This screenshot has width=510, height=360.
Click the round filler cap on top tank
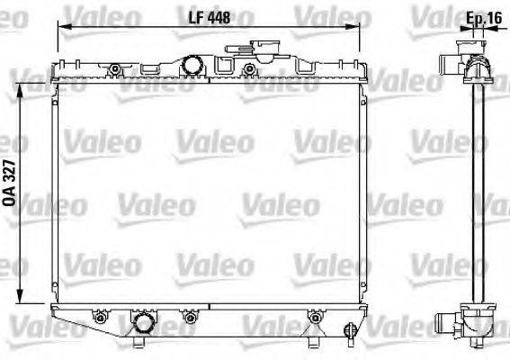(x=192, y=66)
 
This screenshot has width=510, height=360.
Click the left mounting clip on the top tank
(x=114, y=69)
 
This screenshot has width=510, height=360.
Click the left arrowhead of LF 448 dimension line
(x=61, y=27)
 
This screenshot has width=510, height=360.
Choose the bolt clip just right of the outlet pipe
(x=190, y=317)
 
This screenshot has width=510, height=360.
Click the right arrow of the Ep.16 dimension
(x=485, y=29)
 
